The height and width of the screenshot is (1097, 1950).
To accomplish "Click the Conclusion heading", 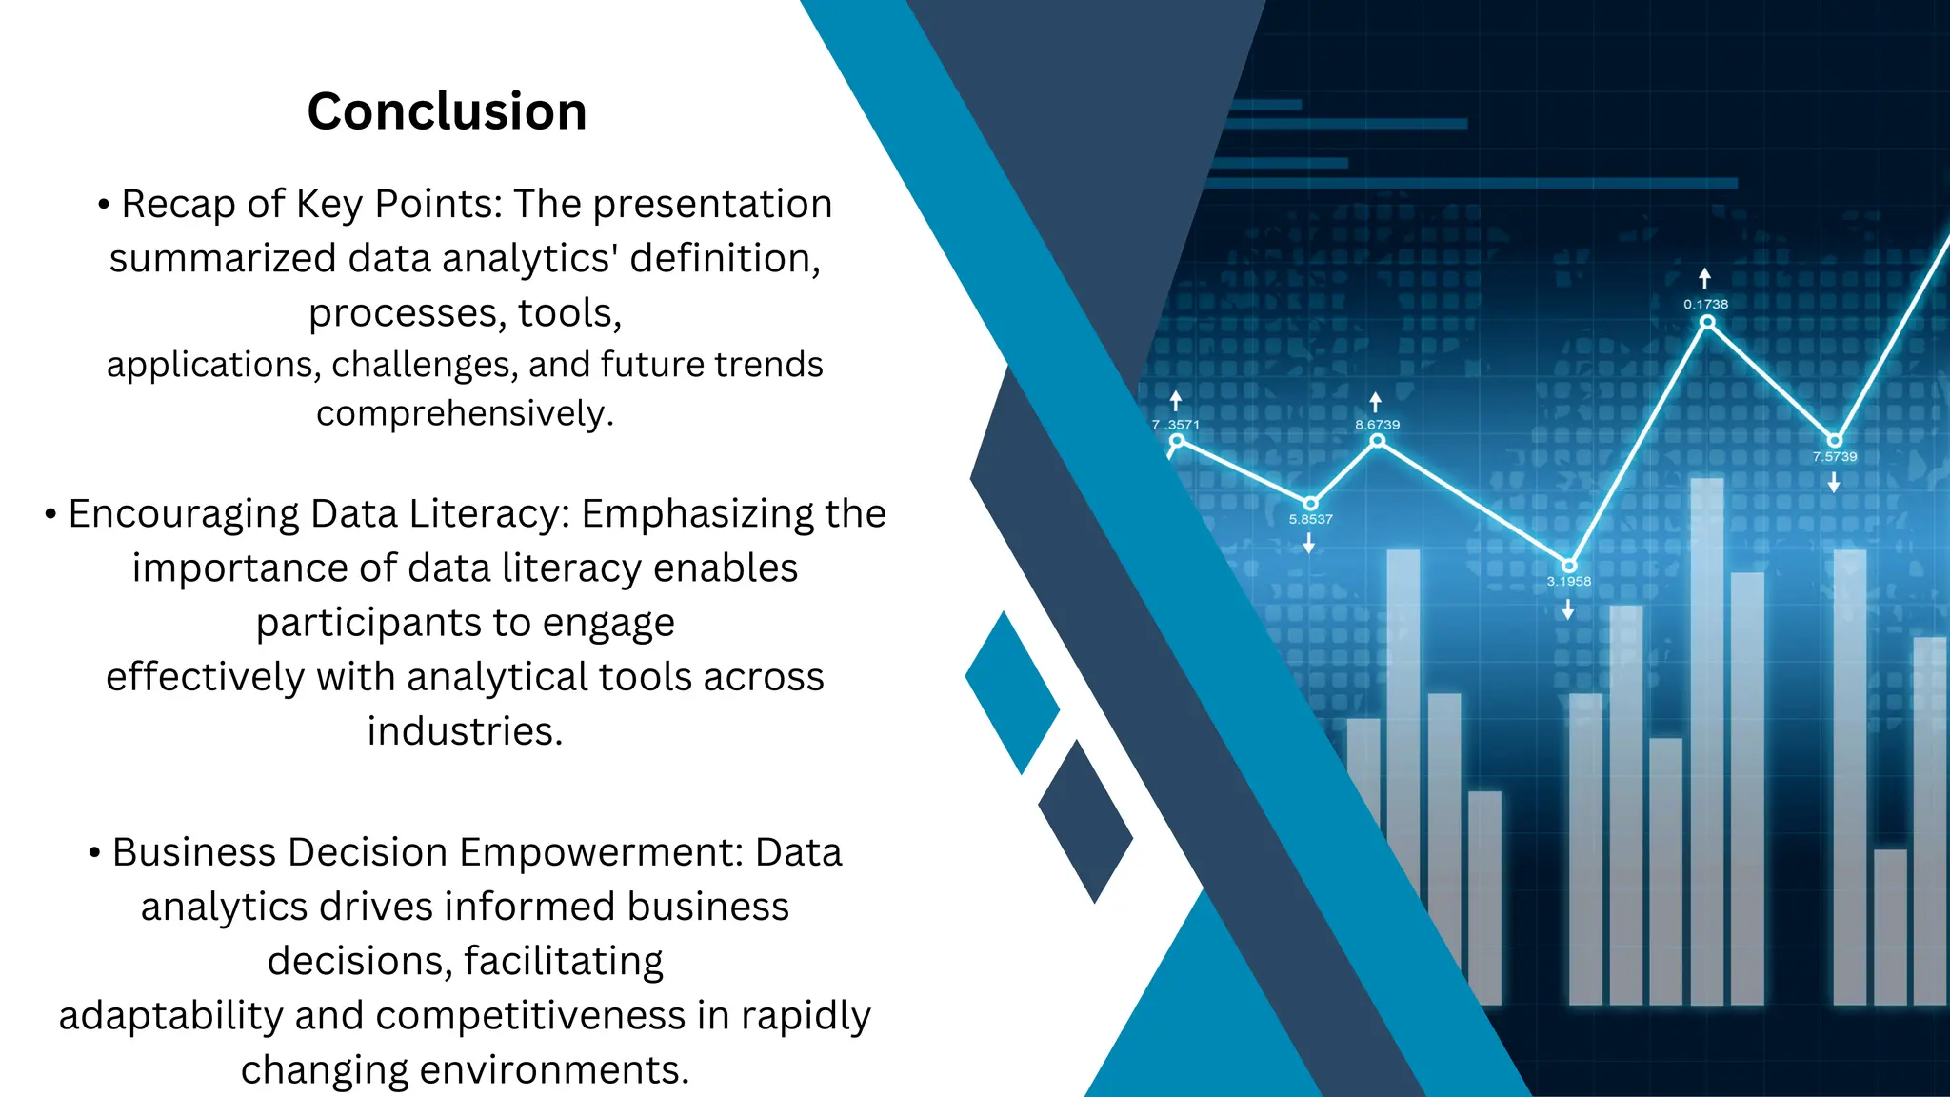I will [x=447, y=111].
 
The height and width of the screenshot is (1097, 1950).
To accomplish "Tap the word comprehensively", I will [x=465, y=413].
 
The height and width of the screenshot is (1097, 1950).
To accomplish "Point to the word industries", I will [x=465, y=731].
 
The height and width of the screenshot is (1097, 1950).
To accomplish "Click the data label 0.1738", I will [x=1705, y=304].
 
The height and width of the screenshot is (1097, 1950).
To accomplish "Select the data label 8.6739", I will [x=1377, y=425].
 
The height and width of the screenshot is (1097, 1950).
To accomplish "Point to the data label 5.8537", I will [x=1310, y=519].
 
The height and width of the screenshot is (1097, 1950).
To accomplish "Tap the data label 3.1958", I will [x=1568, y=581].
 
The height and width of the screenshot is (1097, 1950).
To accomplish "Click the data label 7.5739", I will [x=1834, y=456].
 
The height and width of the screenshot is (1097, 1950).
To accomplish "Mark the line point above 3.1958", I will [x=1569, y=566].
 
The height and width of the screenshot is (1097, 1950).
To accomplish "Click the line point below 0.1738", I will [x=1707, y=322].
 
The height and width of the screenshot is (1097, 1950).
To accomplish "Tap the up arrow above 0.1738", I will [x=1704, y=278].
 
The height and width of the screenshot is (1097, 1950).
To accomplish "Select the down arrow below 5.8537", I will [x=1309, y=543].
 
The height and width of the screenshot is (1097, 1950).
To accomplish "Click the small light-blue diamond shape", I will [x=1012, y=692].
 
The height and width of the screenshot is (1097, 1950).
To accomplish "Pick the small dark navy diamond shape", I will [x=1085, y=821].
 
